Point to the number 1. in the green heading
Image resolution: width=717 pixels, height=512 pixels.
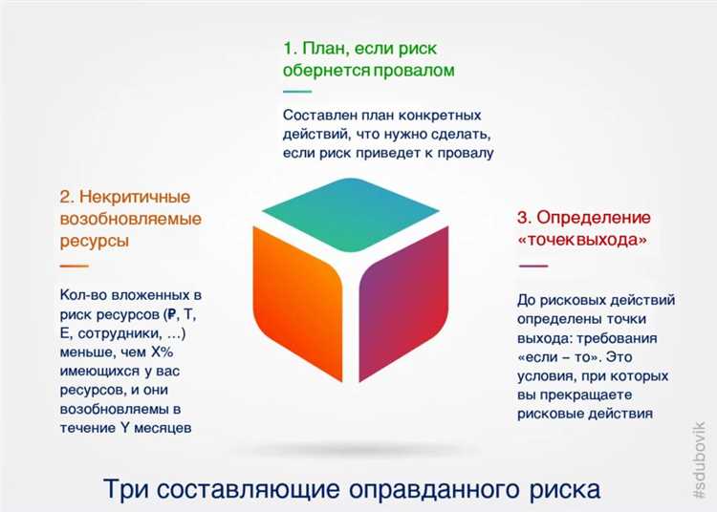tap(291, 46)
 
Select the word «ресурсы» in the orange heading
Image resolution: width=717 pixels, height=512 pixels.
tap(95, 241)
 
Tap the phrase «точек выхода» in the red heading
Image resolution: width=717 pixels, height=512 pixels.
tap(581, 240)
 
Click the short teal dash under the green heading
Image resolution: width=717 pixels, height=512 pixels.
tap(297, 93)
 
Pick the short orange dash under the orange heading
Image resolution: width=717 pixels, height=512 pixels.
tap(74, 265)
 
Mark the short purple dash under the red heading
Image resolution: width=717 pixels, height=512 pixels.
tap(532, 265)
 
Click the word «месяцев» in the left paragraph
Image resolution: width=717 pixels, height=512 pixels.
tap(166, 428)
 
